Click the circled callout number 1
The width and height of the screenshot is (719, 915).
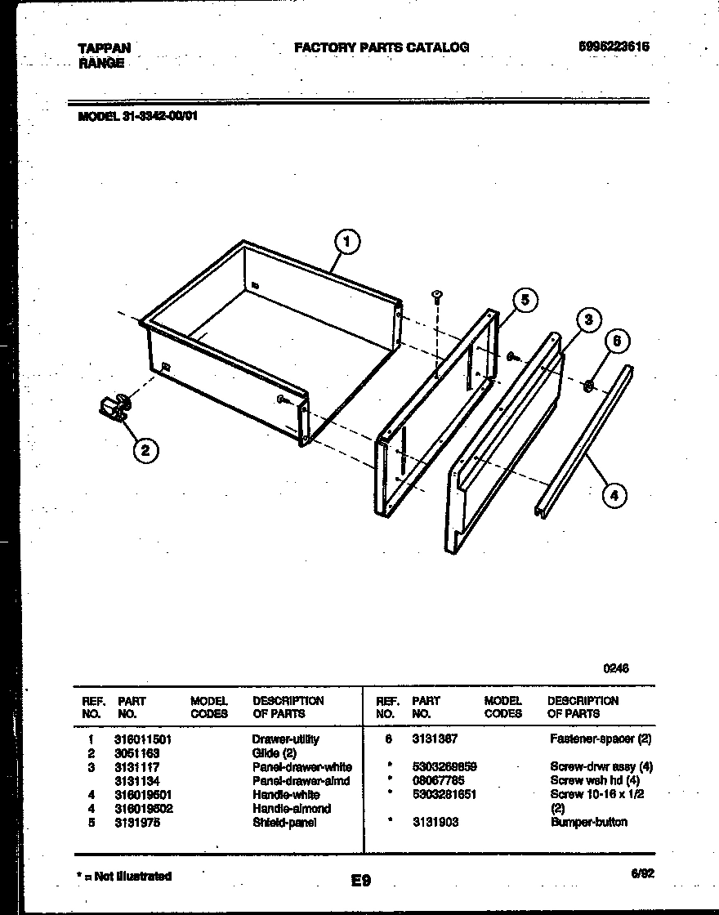(347, 241)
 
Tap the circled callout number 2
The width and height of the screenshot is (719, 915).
(145, 449)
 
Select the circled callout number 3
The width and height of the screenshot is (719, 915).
(587, 320)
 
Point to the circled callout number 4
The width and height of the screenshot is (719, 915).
(614, 493)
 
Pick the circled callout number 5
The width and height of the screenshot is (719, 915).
(525, 301)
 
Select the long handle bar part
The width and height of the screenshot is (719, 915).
(583, 441)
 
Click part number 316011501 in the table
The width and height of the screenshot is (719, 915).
(144, 739)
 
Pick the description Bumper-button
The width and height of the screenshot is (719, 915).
(589, 822)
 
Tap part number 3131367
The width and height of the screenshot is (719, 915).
(435, 739)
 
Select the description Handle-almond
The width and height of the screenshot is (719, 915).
(292, 809)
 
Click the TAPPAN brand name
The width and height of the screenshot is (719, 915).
(104, 48)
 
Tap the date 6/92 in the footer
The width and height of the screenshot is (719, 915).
(642, 873)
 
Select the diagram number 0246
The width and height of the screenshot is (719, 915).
(616, 667)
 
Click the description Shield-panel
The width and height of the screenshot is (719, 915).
(284, 823)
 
